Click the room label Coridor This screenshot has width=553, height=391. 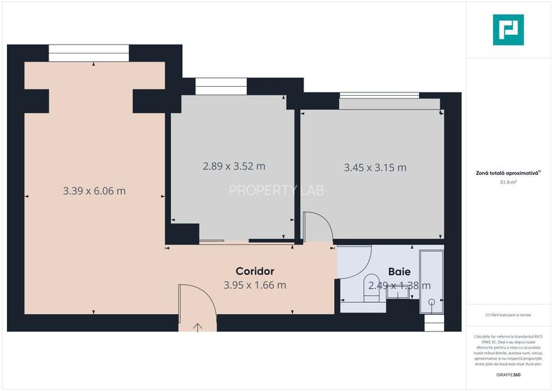tap(255, 272)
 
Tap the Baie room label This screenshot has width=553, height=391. tap(399, 272)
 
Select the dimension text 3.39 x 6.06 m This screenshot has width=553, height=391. tap(94, 191)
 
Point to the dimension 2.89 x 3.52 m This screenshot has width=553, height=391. tap(234, 166)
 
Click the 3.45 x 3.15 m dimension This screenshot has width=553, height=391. tap(375, 167)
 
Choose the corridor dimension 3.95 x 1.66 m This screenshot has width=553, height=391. tap(255, 285)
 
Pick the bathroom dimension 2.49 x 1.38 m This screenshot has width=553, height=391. tap(399, 285)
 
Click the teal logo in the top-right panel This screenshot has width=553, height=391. tap(509, 31)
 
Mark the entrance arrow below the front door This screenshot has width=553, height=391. tap(197, 326)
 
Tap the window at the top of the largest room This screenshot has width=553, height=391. tap(89, 53)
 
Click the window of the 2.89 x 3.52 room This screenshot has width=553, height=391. tap(216, 86)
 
